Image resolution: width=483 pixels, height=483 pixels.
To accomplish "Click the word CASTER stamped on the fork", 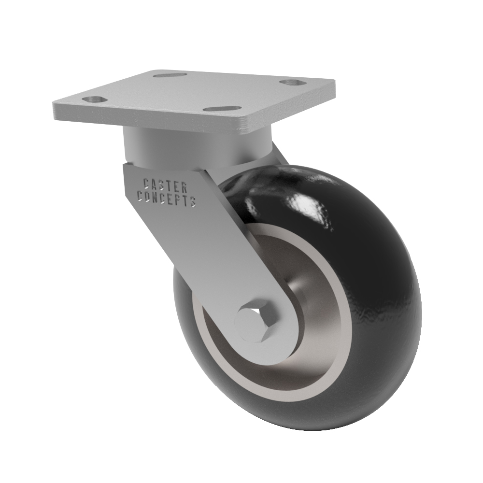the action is coord(166,185).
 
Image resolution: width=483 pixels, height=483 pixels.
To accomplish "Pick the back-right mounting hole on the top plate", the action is coord(292,83).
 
